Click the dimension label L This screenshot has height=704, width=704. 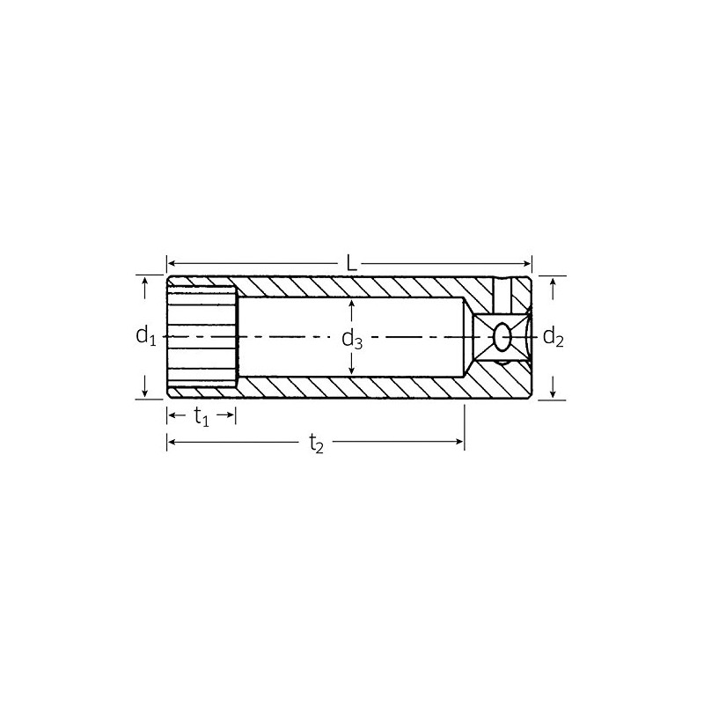tap(351, 263)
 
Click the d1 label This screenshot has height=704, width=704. tap(146, 335)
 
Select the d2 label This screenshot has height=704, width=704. tap(554, 336)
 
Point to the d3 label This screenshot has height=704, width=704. tap(352, 339)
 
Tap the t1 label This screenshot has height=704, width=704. tap(202, 416)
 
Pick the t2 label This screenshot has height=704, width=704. tap(316, 444)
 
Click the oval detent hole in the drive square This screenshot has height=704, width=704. tap(502, 336)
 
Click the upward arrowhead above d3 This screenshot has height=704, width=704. tap(352, 304)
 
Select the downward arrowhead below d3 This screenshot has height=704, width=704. tap(352, 370)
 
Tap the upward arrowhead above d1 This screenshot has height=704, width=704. tap(144, 282)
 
